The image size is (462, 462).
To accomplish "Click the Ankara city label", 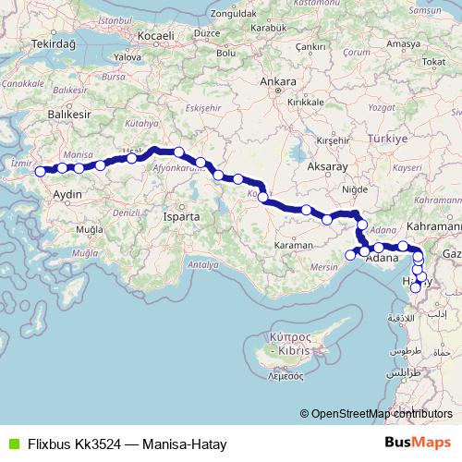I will click(278, 82).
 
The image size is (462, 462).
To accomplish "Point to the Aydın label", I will click(70, 195).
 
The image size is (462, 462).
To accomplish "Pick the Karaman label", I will click(295, 247).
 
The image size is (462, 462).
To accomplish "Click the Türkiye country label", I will click(388, 138).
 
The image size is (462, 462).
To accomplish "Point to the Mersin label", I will click(323, 267).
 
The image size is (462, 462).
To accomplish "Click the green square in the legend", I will click(13, 444).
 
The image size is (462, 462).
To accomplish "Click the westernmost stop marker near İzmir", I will click(40, 171).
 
